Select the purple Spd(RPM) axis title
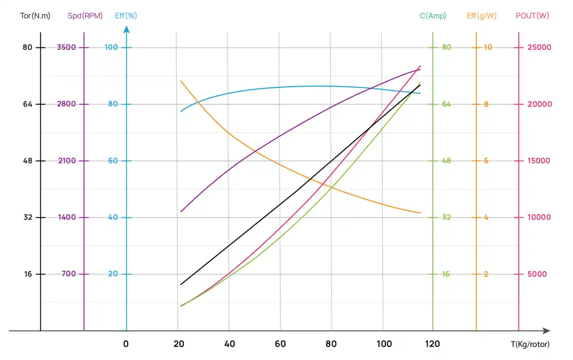pos(85,16)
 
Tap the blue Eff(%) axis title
pos(126,16)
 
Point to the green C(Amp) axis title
pos(433,16)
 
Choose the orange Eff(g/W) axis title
pos(482,16)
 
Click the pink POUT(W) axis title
pos(532,16)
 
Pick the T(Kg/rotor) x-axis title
pos(530,345)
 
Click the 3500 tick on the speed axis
pos(66,47)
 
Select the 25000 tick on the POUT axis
pos(540,47)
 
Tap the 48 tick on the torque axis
pos(27,160)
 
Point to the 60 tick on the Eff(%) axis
pos(113,160)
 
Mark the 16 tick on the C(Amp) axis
pos(446,274)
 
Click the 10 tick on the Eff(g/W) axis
pos(488,47)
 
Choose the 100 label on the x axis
pos(384,344)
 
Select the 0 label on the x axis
pos(126,344)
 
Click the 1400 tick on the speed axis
pos(66,217)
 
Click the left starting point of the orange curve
pos(181,81)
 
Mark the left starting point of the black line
pos(181,284)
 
